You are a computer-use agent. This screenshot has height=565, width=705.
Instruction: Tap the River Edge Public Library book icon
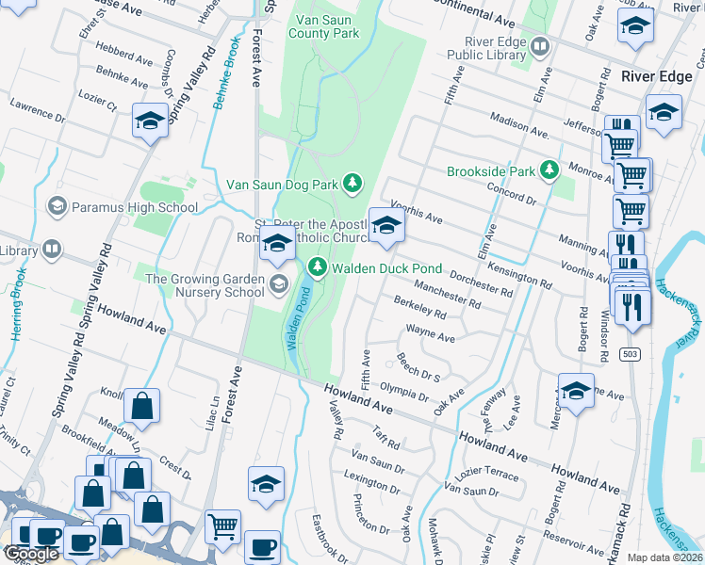(x=539, y=45)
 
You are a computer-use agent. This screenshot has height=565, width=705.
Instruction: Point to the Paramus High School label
(x=132, y=207)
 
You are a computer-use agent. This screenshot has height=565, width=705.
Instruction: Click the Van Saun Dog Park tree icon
(x=352, y=182)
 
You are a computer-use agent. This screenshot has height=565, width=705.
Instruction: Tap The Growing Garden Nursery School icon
(x=278, y=284)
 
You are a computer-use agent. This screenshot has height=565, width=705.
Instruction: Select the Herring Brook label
(x=17, y=299)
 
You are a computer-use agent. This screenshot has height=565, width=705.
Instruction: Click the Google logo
(x=31, y=554)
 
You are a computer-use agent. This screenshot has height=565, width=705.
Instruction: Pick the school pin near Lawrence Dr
(x=150, y=121)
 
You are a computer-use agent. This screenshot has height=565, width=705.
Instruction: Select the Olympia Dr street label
(x=404, y=388)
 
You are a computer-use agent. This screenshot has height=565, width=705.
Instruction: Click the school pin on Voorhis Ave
(x=385, y=226)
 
